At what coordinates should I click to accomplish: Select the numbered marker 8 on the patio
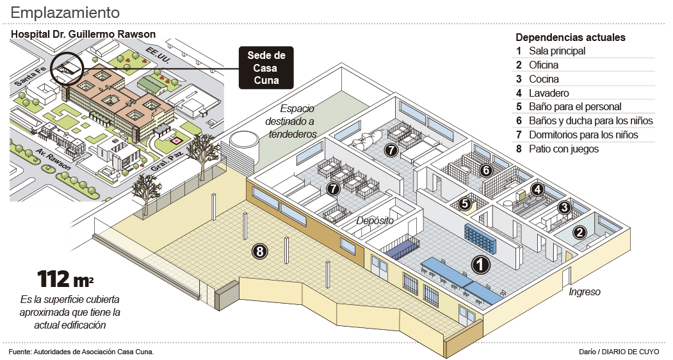pyautogui.click(x=259, y=251)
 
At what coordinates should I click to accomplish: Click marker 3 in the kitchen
pyautogui.click(x=564, y=207)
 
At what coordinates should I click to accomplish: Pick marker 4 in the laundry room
pyautogui.click(x=538, y=190)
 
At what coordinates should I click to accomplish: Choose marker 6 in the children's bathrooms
pyautogui.click(x=485, y=170)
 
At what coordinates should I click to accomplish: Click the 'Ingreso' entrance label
pyautogui.click(x=584, y=292)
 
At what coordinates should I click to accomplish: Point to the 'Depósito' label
pyautogui.click(x=375, y=220)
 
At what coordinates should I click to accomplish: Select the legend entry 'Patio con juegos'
pyautogui.click(x=564, y=149)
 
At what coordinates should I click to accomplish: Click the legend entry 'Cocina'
pyautogui.click(x=544, y=79)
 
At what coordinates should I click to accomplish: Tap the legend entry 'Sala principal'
pyautogui.click(x=557, y=51)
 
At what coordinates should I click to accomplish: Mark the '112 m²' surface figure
pyautogui.click(x=65, y=279)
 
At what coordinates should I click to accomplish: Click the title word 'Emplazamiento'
pyautogui.click(x=65, y=12)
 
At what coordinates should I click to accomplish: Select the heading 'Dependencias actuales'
pyautogui.click(x=571, y=37)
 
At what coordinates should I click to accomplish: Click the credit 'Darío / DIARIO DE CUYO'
pyautogui.click(x=617, y=352)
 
